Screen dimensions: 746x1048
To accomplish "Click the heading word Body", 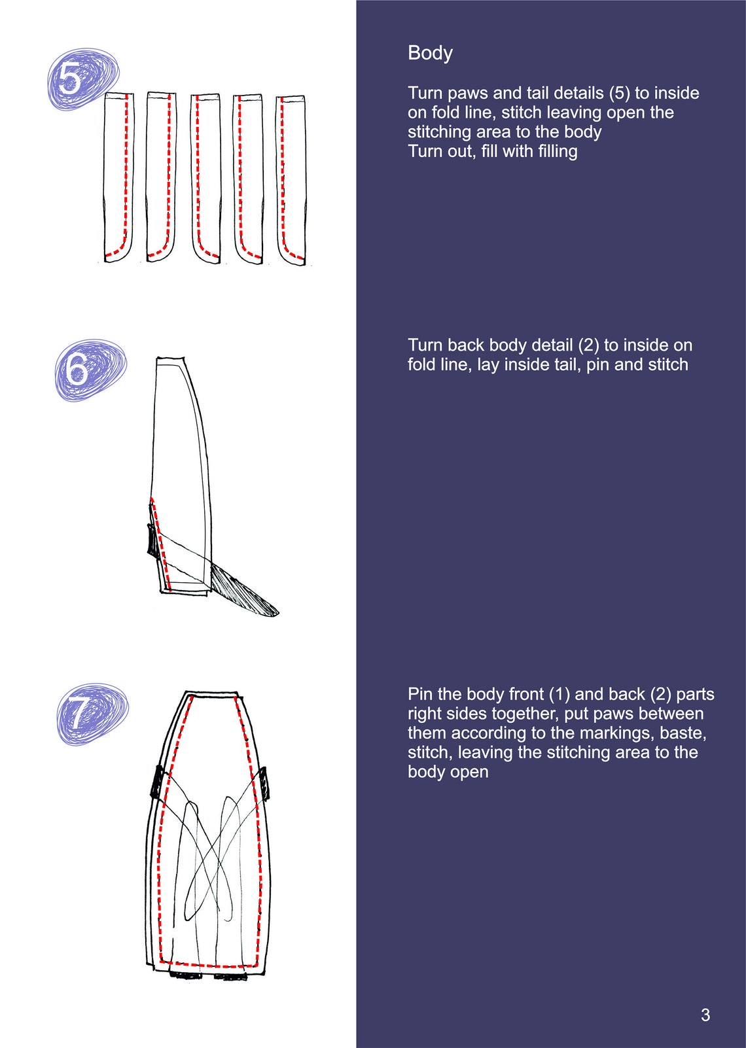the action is (430, 54).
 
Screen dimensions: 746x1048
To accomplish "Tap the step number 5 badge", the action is (83, 79).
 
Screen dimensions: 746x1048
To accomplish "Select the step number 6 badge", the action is (90, 370).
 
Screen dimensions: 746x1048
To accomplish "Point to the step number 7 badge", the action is (93, 714).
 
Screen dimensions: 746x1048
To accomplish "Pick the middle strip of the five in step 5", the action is (205, 178).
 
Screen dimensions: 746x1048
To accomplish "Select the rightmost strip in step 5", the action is (291, 180).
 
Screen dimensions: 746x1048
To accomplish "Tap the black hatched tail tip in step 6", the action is (243, 589).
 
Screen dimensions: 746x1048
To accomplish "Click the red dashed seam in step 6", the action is (160, 544).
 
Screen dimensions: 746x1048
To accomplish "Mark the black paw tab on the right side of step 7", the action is (264, 781).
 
